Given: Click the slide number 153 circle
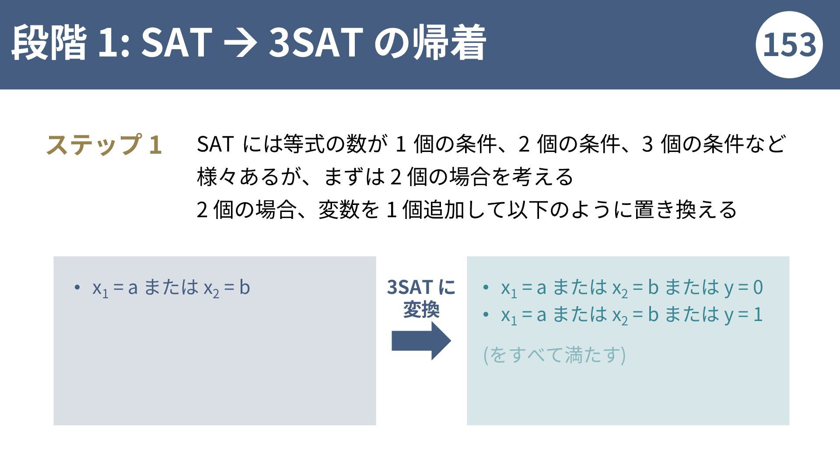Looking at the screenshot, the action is pyautogui.click(x=789, y=45).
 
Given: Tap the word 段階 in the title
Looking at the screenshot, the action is pyautogui.click(x=49, y=42).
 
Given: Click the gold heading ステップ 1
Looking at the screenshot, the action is pyautogui.click(x=104, y=145).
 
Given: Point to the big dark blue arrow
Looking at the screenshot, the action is pyautogui.click(x=421, y=341).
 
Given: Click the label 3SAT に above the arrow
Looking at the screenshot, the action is pyautogui.click(x=421, y=287).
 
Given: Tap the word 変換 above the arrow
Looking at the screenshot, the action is pyautogui.click(x=421, y=310).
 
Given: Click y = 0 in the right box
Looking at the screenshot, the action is pyautogui.click(x=743, y=288).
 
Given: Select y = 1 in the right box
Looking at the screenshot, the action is pyautogui.click(x=743, y=314).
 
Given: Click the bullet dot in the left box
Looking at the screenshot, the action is pyautogui.click(x=77, y=288).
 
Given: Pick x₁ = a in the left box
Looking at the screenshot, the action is pyautogui.click(x=115, y=288).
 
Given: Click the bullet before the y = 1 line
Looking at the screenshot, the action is pyautogui.click(x=486, y=314).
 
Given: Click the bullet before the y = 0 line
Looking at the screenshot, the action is pyautogui.click(x=486, y=288).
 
